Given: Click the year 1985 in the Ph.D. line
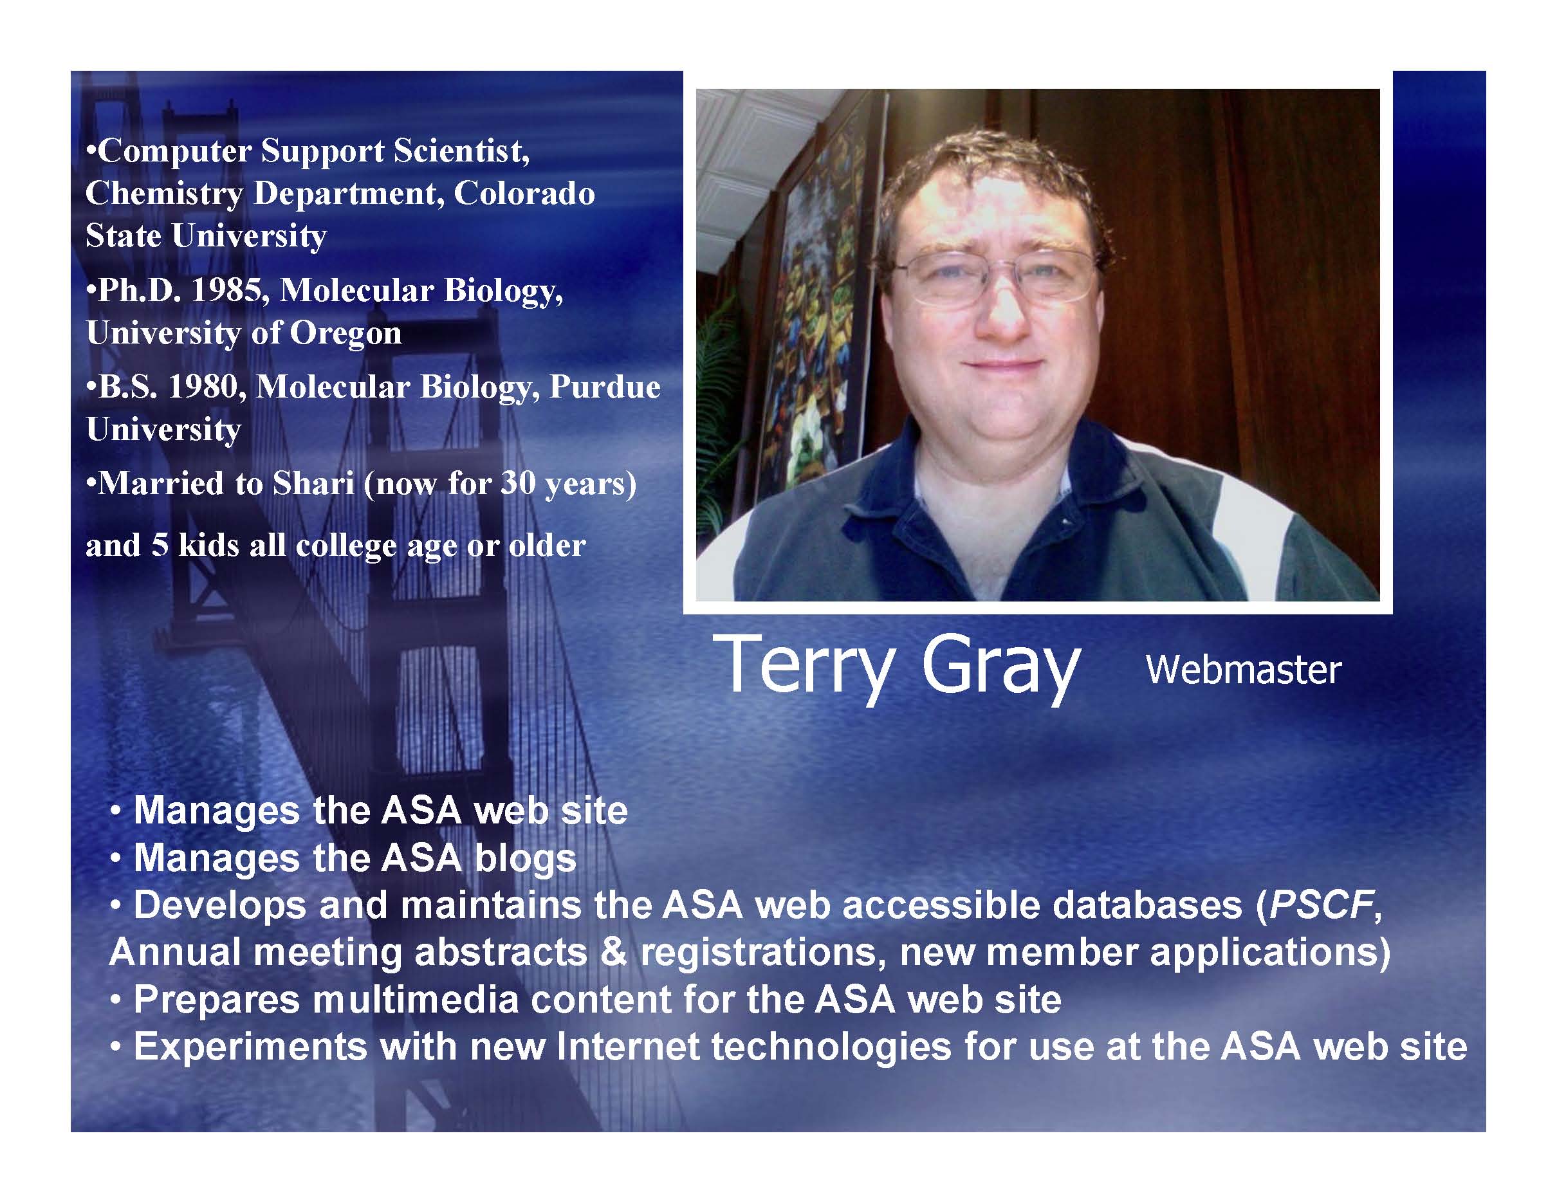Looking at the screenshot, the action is [x=226, y=290].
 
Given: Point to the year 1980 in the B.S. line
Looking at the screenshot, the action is [x=202, y=387].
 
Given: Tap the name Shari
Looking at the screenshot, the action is [x=314, y=484].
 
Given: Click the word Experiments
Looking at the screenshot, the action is [x=250, y=1047].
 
